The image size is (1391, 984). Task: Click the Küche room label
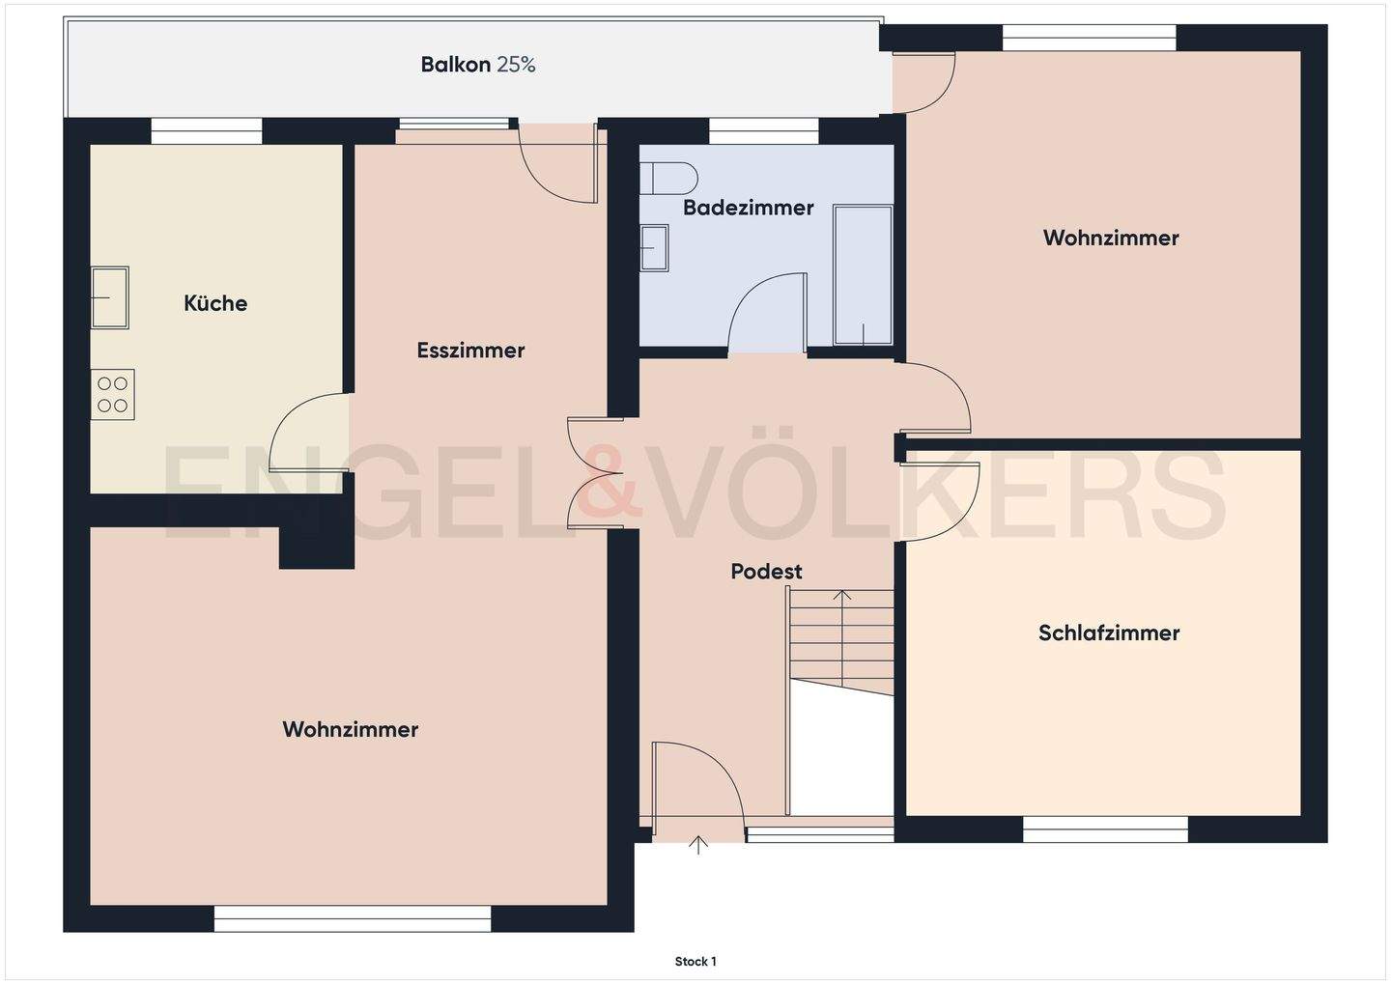(215, 303)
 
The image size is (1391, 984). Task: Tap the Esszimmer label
(470, 351)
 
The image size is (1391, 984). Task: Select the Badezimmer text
(748, 208)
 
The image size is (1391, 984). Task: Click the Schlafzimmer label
(1109, 633)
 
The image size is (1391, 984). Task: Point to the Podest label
(766, 572)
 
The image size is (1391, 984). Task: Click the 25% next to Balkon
(516, 65)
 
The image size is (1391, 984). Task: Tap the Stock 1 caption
(695, 962)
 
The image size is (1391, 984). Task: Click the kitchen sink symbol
(109, 297)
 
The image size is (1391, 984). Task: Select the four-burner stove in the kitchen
(113, 395)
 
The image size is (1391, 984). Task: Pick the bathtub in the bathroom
(863, 274)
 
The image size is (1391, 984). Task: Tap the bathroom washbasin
(654, 248)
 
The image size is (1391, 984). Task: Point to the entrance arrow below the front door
(698, 846)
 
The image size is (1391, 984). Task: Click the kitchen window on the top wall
(207, 130)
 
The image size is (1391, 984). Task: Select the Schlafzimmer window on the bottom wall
(1105, 829)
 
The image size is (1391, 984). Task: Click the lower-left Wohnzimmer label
(350, 730)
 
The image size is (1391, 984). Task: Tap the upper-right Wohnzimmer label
(1111, 239)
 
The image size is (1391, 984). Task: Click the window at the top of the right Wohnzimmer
(1089, 38)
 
